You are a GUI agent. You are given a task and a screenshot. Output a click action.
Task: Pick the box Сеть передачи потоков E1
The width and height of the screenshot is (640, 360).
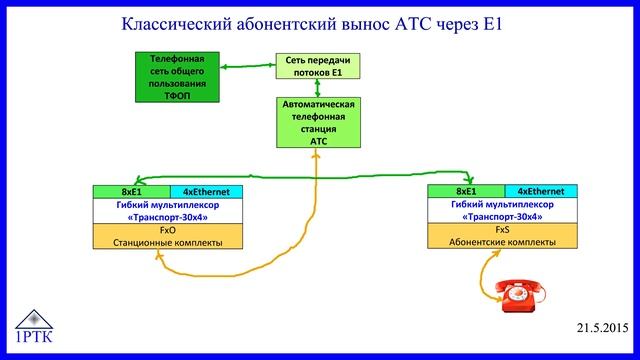pos(318,67)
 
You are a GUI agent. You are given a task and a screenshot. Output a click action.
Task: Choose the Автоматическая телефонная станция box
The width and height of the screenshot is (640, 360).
pos(318,123)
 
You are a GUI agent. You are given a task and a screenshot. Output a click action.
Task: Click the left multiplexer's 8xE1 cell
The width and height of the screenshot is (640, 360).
pos(131,191)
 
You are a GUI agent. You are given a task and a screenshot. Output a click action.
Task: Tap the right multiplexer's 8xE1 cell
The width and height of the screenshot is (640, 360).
pos(466,191)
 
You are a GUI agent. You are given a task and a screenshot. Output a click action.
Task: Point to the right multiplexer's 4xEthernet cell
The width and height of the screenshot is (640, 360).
pos(543,191)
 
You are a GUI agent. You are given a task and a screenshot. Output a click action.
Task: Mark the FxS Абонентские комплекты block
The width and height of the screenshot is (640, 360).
pos(504,235)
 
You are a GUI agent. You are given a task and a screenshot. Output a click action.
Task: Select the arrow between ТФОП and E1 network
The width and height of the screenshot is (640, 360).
pos(248,67)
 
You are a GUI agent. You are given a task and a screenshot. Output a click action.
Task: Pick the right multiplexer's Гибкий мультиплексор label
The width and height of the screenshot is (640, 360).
pos(504,204)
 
